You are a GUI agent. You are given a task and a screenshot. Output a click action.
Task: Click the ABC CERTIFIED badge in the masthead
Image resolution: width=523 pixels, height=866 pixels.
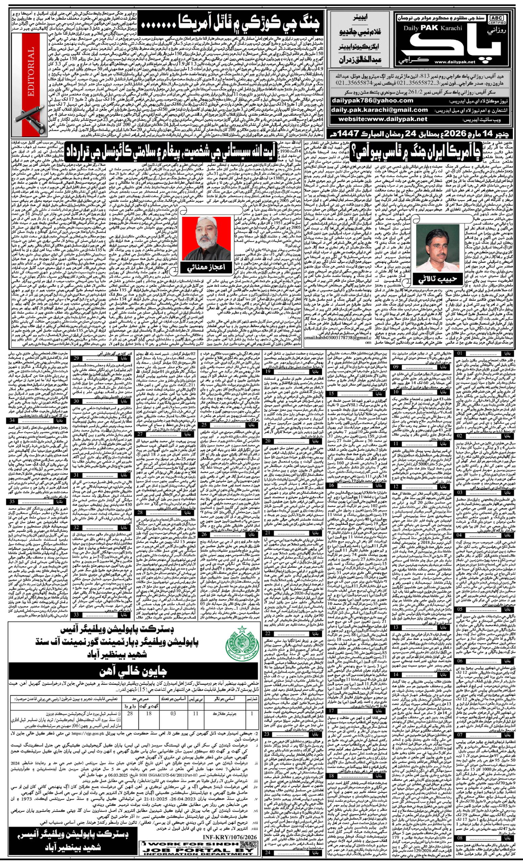click(497, 20)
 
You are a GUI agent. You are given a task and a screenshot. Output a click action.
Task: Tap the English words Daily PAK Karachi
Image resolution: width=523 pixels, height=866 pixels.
click(432, 28)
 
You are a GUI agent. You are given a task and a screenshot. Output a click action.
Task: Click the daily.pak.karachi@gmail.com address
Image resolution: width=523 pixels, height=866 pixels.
click(379, 110)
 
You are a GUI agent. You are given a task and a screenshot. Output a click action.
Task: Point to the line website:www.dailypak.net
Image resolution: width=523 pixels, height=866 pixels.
click(383, 119)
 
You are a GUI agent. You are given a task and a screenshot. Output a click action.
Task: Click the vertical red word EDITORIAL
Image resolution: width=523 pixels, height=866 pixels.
click(30, 72)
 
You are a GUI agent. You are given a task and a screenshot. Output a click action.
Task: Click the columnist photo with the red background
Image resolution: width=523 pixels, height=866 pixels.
click(206, 238)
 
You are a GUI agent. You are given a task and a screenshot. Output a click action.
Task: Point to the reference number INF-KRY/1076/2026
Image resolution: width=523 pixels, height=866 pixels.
click(229, 827)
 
